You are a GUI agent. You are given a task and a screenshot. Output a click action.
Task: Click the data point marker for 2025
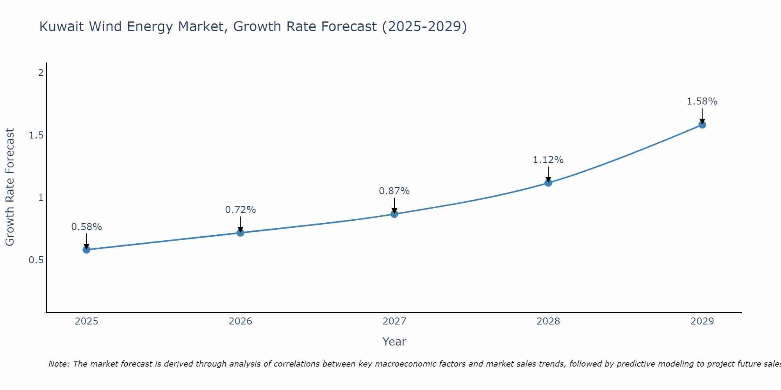click(x=86, y=250)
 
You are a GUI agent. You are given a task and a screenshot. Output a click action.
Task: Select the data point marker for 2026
click(x=240, y=233)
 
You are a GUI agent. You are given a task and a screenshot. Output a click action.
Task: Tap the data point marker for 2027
click(x=394, y=214)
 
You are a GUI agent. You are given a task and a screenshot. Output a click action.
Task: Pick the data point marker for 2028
click(x=548, y=183)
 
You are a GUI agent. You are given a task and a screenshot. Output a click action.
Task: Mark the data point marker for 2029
click(x=702, y=125)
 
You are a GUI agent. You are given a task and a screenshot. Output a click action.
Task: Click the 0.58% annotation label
click(x=86, y=227)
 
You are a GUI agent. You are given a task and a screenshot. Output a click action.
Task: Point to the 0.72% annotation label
click(x=240, y=210)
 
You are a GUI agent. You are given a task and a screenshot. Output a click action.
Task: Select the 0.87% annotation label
click(x=394, y=191)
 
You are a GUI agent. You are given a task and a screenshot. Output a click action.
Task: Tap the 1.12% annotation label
click(x=548, y=160)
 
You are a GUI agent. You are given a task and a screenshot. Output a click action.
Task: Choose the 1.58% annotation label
click(x=702, y=101)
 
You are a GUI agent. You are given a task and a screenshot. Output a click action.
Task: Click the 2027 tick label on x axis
click(x=394, y=321)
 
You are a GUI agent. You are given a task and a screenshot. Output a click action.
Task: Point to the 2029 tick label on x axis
click(x=702, y=321)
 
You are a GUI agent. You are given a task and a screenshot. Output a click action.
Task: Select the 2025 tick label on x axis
click(x=86, y=321)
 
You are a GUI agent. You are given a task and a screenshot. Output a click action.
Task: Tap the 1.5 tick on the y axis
click(x=36, y=135)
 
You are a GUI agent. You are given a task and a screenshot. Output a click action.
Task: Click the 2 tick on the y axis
click(x=40, y=73)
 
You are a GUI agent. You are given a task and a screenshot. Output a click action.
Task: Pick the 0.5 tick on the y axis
click(x=36, y=260)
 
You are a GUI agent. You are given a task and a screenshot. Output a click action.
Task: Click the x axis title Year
click(x=394, y=342)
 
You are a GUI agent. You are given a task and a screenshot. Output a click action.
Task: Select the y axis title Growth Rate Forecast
click(x=10, y=187)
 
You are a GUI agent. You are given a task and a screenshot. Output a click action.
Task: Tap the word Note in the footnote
click(x=59, y=364)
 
